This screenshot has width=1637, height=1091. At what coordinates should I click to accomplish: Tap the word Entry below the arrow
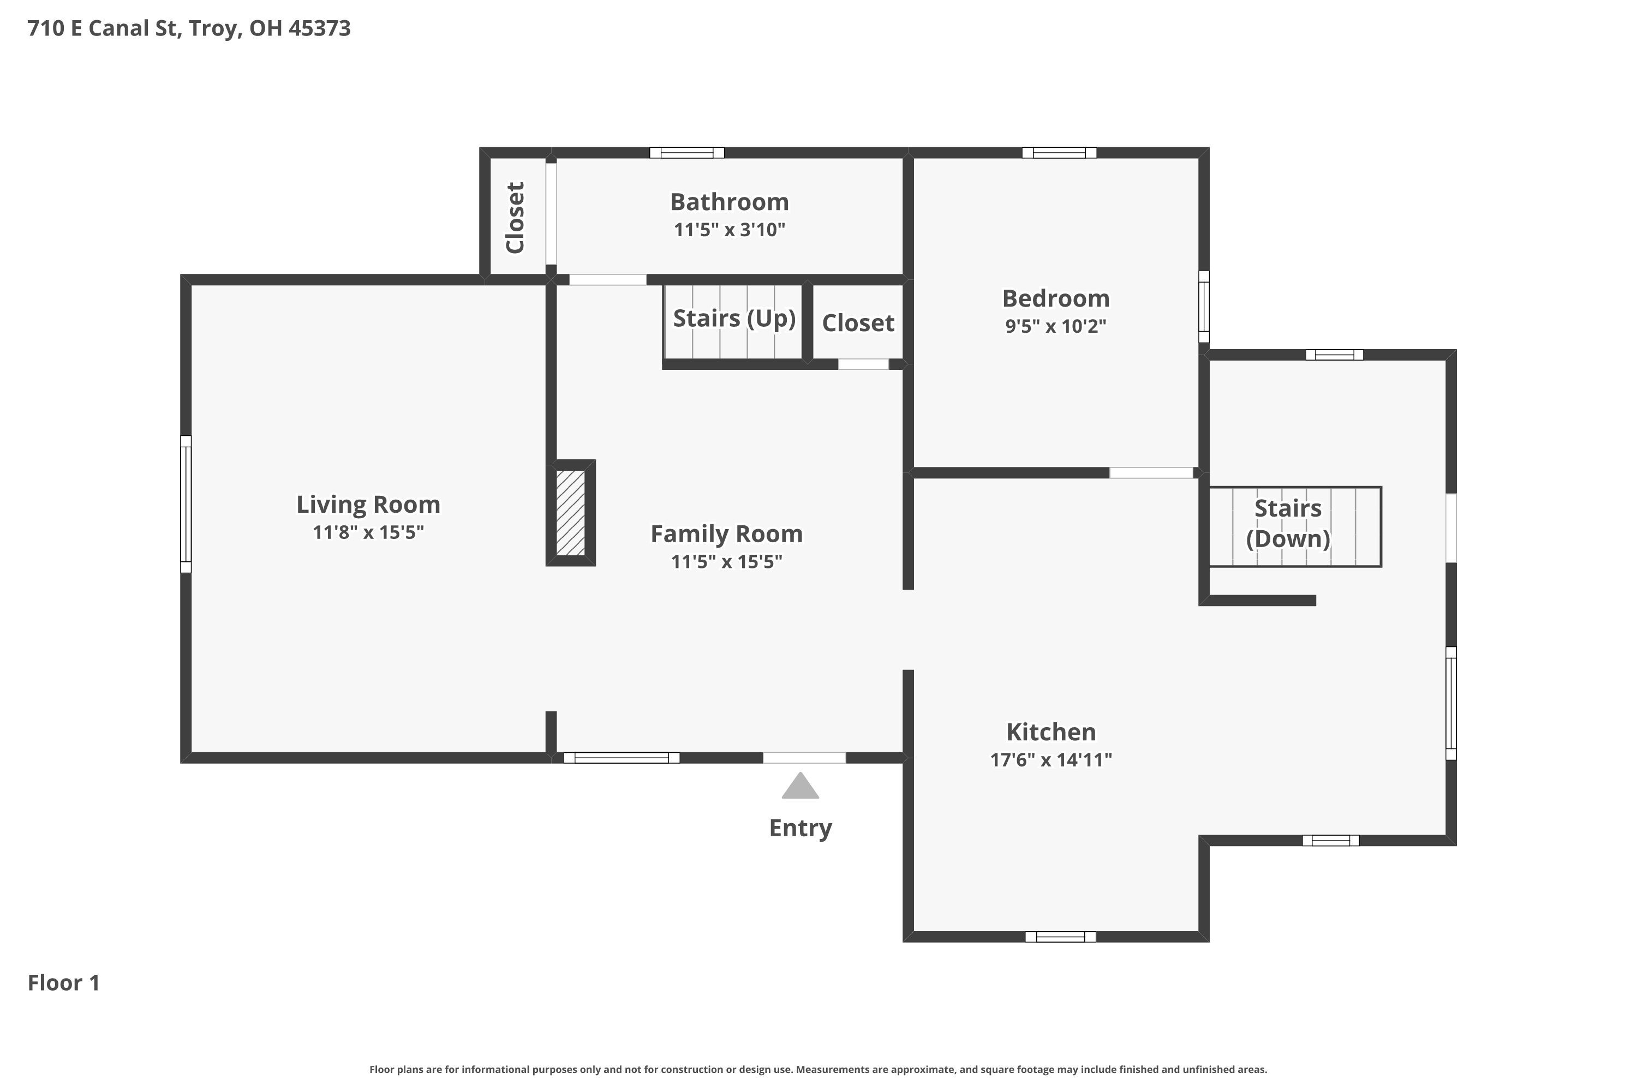(800, 828)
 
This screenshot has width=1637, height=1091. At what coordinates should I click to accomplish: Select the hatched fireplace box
(570, 513)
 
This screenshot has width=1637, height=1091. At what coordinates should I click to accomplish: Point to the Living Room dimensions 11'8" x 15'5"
(368, 532)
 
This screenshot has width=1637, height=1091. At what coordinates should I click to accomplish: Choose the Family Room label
(727, 533)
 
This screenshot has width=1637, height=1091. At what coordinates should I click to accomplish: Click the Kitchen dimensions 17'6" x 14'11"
(1051, 760)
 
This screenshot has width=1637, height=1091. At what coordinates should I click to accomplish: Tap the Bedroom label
(1056, 298)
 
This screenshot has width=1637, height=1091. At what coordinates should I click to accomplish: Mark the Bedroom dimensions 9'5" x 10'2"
(1056, 326)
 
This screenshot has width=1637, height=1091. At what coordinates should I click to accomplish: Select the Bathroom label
(730, 202)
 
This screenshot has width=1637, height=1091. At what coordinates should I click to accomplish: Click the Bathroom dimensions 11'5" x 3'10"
(730, 230)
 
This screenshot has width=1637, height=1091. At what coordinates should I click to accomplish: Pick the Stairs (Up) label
(734, 319)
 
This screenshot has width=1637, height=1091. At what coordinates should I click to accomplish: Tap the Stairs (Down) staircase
(1294, 527)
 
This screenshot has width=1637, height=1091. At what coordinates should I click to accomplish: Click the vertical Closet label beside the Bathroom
(515, 218)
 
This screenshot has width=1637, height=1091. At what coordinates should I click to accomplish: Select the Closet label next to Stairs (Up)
(858, 323)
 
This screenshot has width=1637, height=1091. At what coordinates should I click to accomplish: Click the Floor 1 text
(64, 982)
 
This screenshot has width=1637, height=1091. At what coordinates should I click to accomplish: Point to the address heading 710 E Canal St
(189, 28)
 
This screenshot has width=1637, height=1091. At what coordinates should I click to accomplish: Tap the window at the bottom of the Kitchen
(1060, 937)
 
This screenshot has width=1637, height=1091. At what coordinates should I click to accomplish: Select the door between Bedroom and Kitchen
(1151, 473)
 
